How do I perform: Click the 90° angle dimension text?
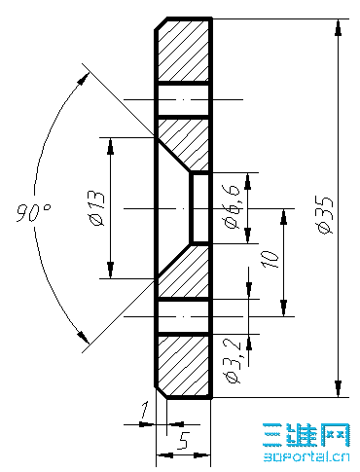tap(34, 213)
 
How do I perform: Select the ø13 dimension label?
tap(97, 208)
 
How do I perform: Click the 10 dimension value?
tap(270, 260)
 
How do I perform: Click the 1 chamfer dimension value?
tap(144, 410)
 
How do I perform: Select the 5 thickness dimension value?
tap(183, 441)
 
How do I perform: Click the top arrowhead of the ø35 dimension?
tap(339, 27)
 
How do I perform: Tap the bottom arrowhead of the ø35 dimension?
tap(339, 388)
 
